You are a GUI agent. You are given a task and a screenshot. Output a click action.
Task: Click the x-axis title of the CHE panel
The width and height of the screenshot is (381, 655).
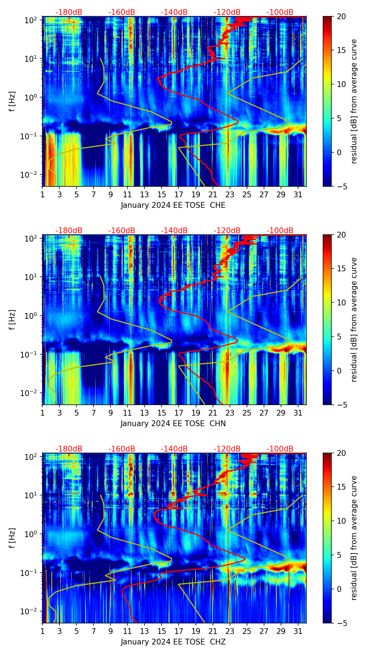coord(173,205)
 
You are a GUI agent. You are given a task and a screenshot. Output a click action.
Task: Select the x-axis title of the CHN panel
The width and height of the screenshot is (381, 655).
coord(173,424)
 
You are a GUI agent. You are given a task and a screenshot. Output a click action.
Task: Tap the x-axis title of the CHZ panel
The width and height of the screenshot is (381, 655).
coord(173,642)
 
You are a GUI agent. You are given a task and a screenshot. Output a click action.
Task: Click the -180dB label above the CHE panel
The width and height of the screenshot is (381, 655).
coord(69,12)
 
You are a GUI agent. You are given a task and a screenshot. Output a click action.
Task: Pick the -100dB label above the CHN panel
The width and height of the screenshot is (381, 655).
coord(280,231)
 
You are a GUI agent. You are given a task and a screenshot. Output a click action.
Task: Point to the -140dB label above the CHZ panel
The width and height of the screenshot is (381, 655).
coord(174,449)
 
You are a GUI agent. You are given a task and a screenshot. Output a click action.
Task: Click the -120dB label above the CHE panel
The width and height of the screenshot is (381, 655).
coord(227,12)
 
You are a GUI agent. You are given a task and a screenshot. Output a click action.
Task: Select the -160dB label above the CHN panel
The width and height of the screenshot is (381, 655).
coord(122,231)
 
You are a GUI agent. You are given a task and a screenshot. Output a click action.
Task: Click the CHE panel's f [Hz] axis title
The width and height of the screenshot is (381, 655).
coord(13,102)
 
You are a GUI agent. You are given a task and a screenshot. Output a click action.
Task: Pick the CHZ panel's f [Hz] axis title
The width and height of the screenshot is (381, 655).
coord(13,538)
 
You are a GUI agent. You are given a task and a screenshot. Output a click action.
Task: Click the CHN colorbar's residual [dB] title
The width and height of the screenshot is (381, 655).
coord(354,320)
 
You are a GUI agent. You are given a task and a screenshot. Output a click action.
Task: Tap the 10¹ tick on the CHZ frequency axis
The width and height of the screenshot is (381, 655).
coord(33,495)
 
